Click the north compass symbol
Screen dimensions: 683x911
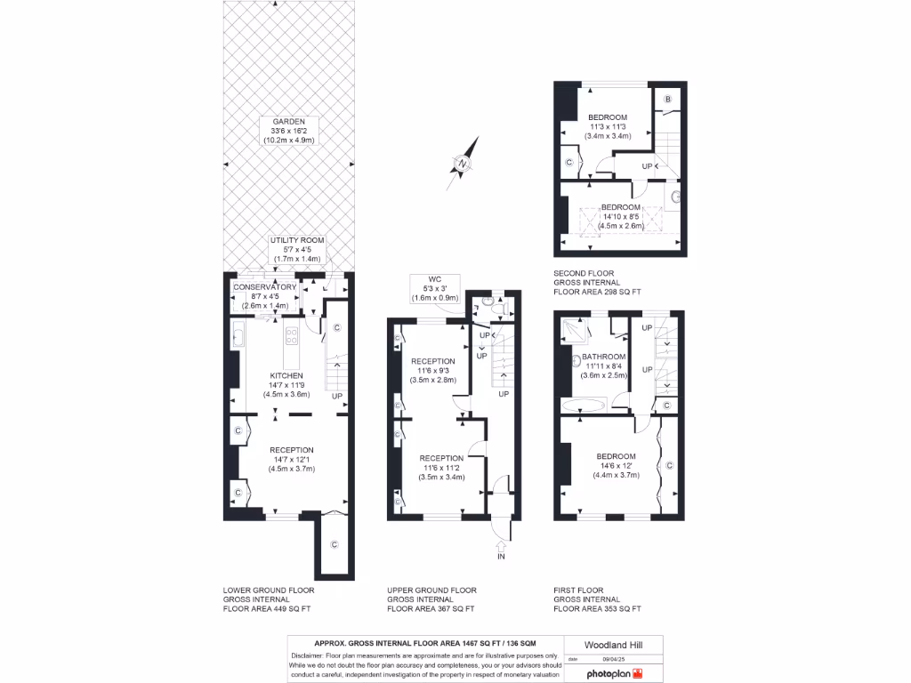(463, 163)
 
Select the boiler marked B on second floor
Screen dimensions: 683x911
(667, 99)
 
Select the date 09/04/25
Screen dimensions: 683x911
(615, 659)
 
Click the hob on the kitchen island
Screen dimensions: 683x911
(291, 335)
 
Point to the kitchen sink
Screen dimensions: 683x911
(238, 336)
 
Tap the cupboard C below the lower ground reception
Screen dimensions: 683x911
(334, 544)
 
